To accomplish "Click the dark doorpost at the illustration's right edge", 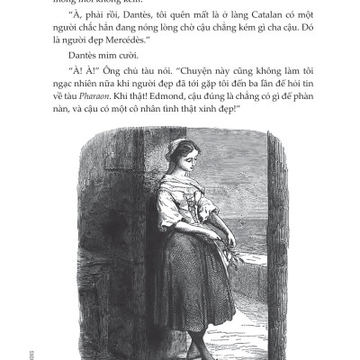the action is [277, 243].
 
